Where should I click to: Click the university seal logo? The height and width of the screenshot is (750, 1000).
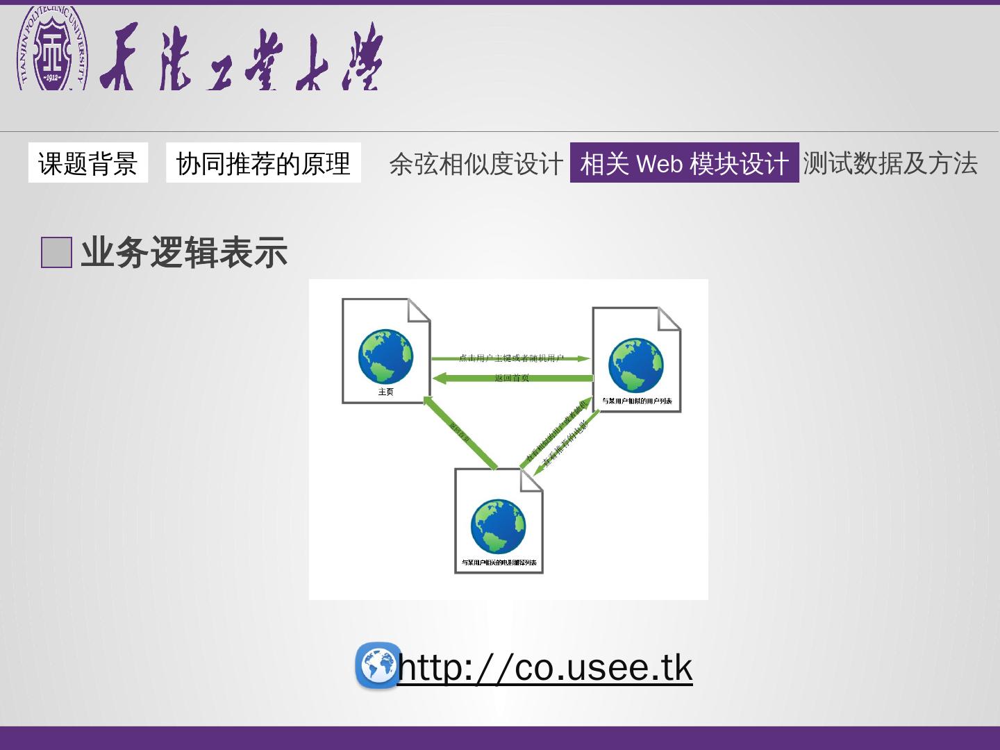(x=53, y=49)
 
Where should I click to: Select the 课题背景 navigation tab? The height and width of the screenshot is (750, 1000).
(x=87, y=163)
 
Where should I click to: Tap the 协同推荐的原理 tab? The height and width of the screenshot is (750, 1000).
(x=263, y=163)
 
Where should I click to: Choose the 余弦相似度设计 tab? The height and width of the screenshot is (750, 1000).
(x=476, y=164)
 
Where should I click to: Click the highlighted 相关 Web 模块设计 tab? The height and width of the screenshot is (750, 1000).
(x=684, y=163)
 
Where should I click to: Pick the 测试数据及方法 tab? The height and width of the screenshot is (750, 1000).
(x=890, y=163)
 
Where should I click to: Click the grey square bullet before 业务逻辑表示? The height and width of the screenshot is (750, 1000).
(x=56, y=252)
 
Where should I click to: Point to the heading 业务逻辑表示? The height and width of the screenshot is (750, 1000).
(x=184, y=252)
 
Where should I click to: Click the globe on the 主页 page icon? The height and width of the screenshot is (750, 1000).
(x=385, y=356)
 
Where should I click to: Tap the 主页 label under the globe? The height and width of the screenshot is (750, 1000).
(x=385, y=392)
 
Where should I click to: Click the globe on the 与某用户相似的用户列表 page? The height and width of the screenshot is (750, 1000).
(x=636, y=365)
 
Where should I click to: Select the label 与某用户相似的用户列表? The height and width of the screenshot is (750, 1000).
(x=636, y=401)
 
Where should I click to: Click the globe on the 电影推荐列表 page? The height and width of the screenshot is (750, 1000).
(x=498, y=526)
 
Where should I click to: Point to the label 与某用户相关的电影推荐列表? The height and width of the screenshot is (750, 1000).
(x=499, y=562)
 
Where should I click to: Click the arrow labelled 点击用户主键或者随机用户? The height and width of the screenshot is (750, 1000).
(x=510, y=358)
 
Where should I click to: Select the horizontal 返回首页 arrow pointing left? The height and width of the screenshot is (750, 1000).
(x=512, y=378)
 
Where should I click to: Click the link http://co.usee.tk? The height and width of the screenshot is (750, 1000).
(x=545, y=667)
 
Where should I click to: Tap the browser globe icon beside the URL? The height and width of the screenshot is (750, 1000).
(x=378, y=665)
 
